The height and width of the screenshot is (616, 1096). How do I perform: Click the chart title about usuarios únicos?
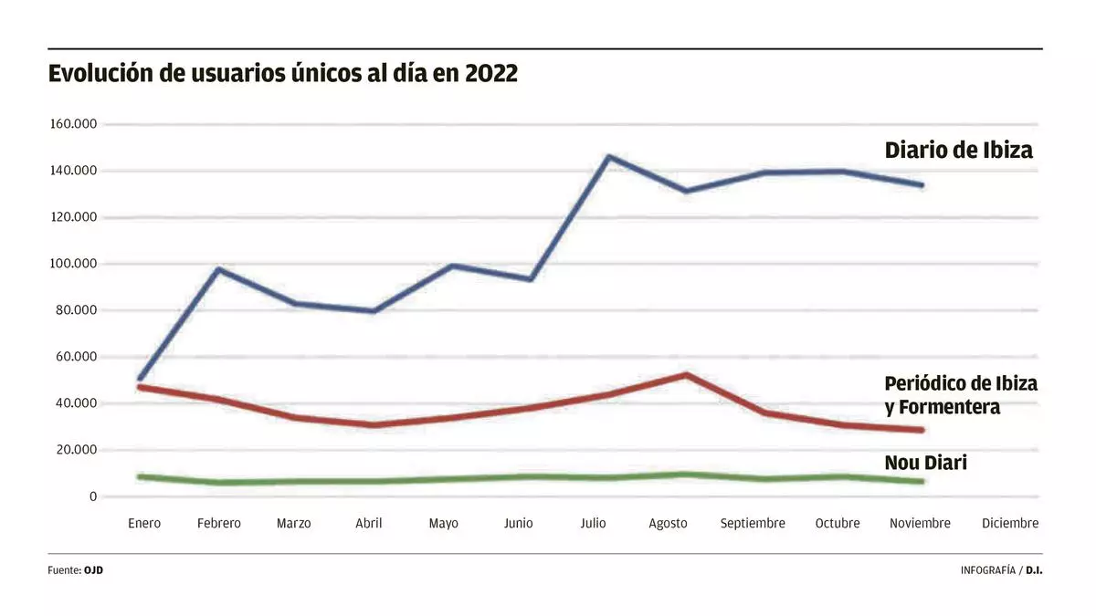[283, 74]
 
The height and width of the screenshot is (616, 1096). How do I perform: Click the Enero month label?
[144, 524]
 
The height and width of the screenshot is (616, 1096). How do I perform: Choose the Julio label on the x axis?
[593, 524]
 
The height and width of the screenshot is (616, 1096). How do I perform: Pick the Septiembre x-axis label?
[753, 524]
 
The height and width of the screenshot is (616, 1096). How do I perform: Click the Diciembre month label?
[1010, 524]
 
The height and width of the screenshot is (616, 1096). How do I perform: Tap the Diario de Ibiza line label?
[959, 151]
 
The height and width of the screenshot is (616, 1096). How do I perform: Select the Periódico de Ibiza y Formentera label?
[961, 395]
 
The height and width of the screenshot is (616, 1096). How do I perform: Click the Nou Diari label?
[926, 464]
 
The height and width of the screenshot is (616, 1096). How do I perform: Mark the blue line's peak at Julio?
[608, 157]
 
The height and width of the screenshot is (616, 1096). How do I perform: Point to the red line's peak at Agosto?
[685, 374]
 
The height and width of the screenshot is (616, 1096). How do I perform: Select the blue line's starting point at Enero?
[140, 378]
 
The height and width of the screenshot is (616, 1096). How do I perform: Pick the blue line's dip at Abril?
[373, 311]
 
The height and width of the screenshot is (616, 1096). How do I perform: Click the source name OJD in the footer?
[94, 570]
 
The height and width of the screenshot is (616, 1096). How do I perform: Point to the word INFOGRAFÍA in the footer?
[988, 570]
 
